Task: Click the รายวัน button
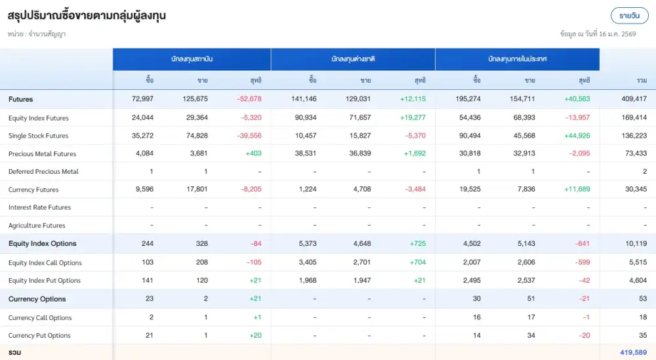coord(629,16)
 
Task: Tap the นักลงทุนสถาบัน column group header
coord(192,59)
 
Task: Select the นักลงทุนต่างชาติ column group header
coord(353,59)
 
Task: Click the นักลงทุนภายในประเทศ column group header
coord(517,59)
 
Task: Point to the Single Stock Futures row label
coord(38,136)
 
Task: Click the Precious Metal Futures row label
coord(42,154)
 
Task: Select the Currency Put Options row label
coord(39,336)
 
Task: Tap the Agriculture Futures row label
coord(37,226)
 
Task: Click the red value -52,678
coord(249,99)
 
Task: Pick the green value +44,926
coord(577,136)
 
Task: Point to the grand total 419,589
coord(633,353)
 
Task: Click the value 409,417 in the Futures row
coord(633,99)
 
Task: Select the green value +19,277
coord(413,118)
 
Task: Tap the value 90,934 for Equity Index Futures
coord(304,118)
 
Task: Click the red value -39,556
coord(249,136)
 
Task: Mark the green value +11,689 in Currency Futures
coord(577,190)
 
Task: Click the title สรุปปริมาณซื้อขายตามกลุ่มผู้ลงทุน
coord(86,16)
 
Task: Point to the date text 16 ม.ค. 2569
coord(617,33)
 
